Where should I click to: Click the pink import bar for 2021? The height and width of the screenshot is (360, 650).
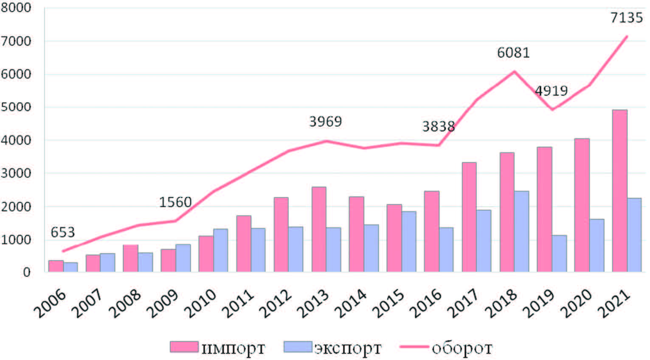pos(619,191)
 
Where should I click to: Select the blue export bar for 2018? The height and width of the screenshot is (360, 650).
pos(521,231)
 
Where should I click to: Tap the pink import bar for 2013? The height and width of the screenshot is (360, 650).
pos(319,229)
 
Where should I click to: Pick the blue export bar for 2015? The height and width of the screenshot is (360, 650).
pos(409,242)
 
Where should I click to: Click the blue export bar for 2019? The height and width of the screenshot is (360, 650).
pos(559,253)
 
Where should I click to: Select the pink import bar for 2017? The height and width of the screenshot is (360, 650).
pos(469,217)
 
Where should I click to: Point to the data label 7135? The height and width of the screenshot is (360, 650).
pos(626,18)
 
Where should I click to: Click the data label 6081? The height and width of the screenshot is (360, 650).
pos(513,53)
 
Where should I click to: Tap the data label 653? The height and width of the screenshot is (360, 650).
pos(62,232)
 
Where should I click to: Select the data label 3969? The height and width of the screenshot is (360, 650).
pos(325,122)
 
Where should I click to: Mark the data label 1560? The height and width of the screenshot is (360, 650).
pos(175,202)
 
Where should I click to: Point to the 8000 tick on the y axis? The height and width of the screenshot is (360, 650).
pos(16,8)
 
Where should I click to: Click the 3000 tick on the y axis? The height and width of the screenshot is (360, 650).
pos(16,174)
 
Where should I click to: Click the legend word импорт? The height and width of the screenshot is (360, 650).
pos(233,348)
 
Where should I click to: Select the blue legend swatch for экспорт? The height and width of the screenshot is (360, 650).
pos(298,347)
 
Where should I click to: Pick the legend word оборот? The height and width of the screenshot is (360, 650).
pos(462,348)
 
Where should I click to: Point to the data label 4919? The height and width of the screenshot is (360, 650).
pos(551,91)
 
